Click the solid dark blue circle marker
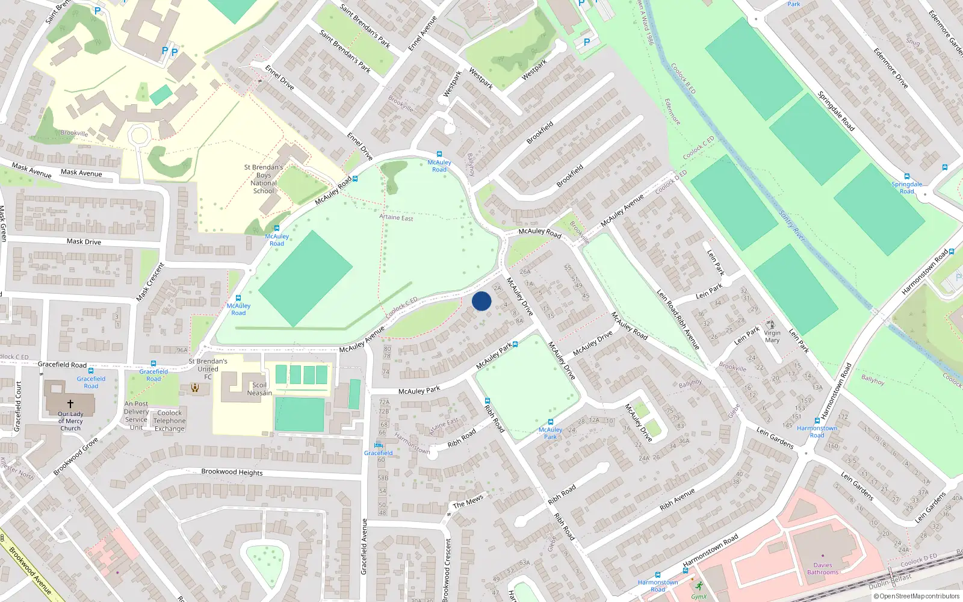tap(482, 301)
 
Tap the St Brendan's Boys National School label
tap(264, 179)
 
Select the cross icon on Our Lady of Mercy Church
tap(70, 404)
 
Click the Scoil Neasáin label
tap(259, 389)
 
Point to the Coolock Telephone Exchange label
tap(169, 421)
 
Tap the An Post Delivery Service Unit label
tap(137, 415)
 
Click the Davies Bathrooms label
tap(822, 569)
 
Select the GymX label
tap(699, 597)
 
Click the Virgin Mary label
tap(772, 337)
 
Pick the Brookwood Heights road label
tap(232, 472)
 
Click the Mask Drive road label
tap(84, 241)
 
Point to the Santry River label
tap(792, 226)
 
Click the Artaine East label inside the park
tap(396, 217)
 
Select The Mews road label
tap(468, 501)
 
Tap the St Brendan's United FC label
tap(208, 369)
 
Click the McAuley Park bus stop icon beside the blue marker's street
tap(515, 345)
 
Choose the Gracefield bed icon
tap(379, 445)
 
